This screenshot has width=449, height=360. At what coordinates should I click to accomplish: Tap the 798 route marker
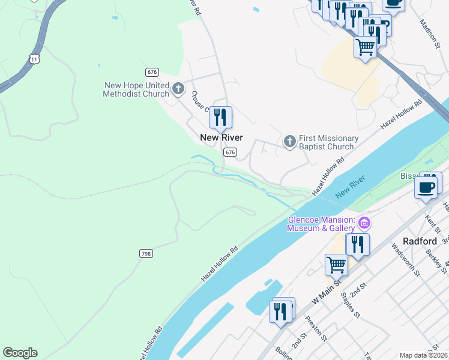pyautogui.click(x=145, y=253)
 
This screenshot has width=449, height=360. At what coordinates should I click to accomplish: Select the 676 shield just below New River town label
pyautogui.click(x=230, y=152)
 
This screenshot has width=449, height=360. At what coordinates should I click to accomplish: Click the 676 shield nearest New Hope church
pyautogui.click(x=152, y=72)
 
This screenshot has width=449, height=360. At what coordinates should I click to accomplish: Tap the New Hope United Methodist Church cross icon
pyautogui.click(x=178, y=89)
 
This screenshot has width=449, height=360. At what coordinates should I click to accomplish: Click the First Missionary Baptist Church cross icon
pyautogui.click(x=289, y=142)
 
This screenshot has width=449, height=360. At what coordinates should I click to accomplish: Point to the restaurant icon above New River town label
pyautogui.click(x=220, y=118)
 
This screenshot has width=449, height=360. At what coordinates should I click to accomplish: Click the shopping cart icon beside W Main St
pyautogui.click(x=336, y=264)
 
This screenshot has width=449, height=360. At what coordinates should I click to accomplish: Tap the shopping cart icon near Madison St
pyautogui.click(x=365, y=46)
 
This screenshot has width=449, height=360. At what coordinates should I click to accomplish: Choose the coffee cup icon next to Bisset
pyautogui.click(x=426, y=187)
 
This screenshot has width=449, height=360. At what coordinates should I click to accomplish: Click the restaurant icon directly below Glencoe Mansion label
pyautogui.click(x=357, y=244)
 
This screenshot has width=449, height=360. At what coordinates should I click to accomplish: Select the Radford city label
pyautogui.click(x=420, y=241)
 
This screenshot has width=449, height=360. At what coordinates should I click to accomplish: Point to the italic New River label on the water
pyautogui.click(x=350, y=187)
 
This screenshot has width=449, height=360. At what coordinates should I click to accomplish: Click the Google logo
pyautogui.click(x=20, y=352)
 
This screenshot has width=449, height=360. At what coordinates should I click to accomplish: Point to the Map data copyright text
pyautogui.click(x=423, y=355)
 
